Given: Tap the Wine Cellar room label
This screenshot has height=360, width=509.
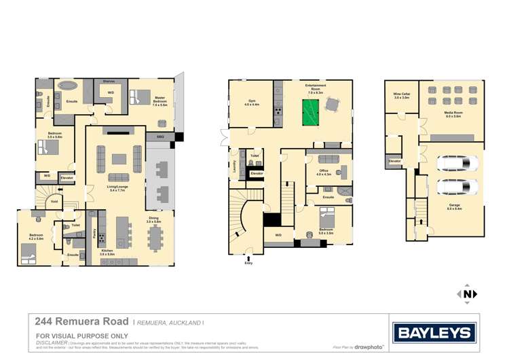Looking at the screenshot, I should point(401,96).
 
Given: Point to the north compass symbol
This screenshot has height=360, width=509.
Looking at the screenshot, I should point(468,294).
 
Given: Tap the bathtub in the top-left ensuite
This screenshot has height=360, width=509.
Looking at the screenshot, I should point(67,86).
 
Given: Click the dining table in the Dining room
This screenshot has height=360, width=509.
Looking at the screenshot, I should point(155,237).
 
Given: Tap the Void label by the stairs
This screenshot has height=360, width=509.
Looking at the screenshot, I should point(54,201).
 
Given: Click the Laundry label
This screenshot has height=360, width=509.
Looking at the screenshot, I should point(234,166).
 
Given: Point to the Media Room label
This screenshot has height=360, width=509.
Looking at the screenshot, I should point(453,115).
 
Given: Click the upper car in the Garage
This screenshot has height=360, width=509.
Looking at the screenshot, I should point(452,163).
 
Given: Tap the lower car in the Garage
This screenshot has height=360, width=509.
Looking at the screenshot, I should point(452,185).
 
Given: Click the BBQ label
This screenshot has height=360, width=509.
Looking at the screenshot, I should point(160,137).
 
